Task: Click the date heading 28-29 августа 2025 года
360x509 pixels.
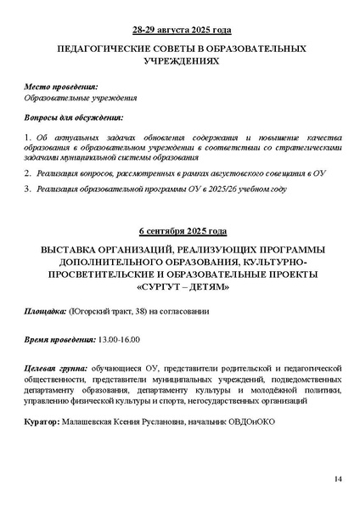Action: [179, 27]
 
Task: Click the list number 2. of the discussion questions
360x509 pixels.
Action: [26, 172]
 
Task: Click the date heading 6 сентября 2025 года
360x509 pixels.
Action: [179, 231]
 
